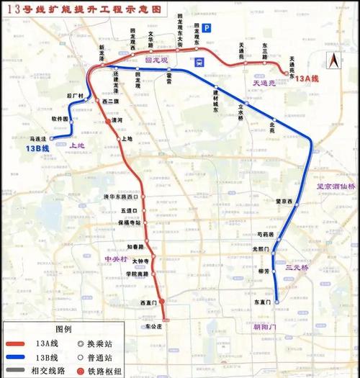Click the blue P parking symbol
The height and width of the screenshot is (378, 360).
point(207,28)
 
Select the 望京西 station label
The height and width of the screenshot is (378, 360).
point(285,202)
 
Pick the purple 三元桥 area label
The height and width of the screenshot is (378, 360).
point(296,267)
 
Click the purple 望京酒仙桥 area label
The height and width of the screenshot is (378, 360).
point(335,184)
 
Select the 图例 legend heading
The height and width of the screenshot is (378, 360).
point(64,328)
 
